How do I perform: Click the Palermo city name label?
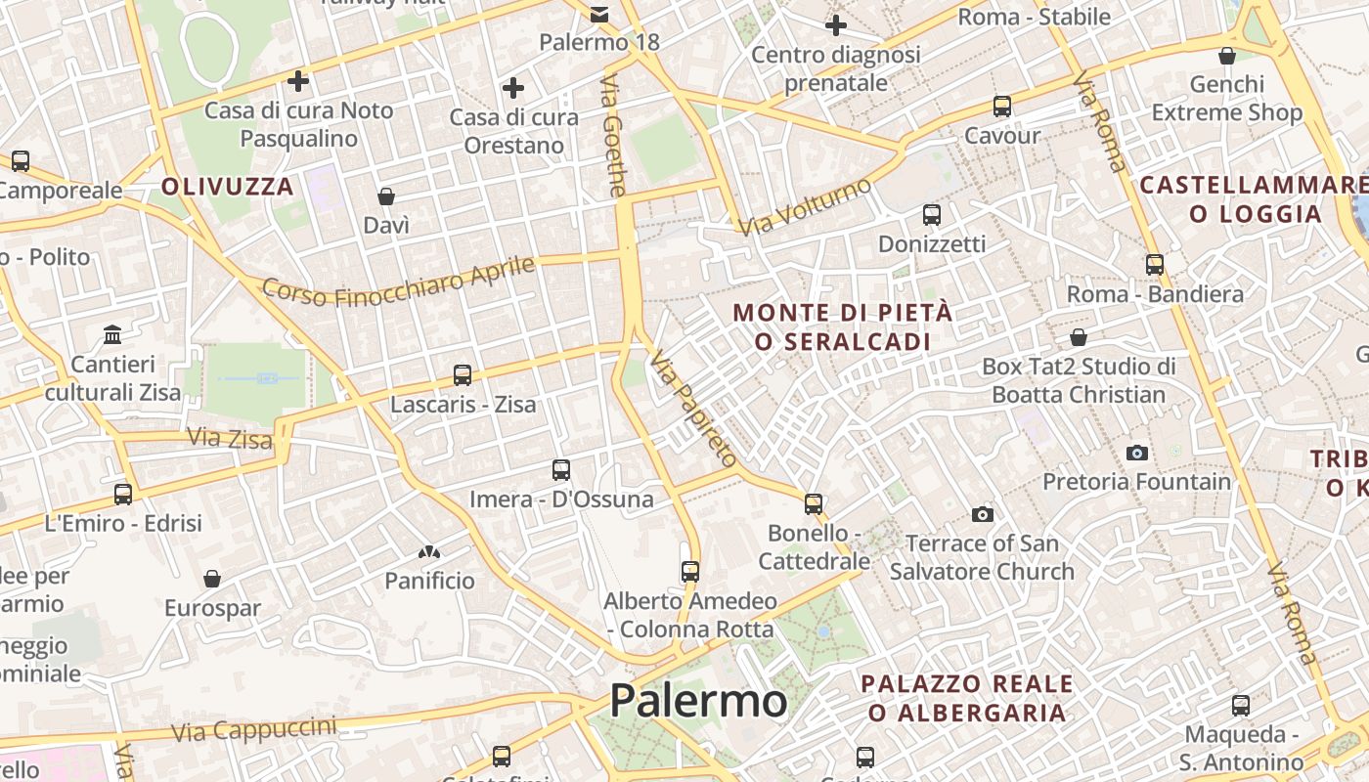pos(698,700)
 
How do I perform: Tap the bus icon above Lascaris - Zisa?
pos(463,374)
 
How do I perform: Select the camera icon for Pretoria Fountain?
pos(1136,453)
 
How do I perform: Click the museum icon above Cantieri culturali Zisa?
pos(112,335)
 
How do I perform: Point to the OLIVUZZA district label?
pos(228,187)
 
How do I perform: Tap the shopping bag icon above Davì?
pos(386,196)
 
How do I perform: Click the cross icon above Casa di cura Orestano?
pos(513,88)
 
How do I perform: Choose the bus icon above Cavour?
pos(1002,107)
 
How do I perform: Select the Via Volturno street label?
pos(805,206)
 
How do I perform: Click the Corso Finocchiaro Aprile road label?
pos(399,282)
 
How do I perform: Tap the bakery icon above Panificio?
pos(429,552)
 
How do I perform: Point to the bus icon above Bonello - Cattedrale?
pos(814,503)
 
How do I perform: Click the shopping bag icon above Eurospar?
pos(212,579)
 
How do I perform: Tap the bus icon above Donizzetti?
pos(932,214)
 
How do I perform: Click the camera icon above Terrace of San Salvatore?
pos(983,514)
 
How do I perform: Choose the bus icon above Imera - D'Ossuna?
pos(561,470)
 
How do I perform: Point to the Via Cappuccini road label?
pos(253,728)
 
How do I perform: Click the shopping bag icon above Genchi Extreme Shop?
pos(1227,56)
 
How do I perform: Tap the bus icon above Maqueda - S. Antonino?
pos(1241,705)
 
